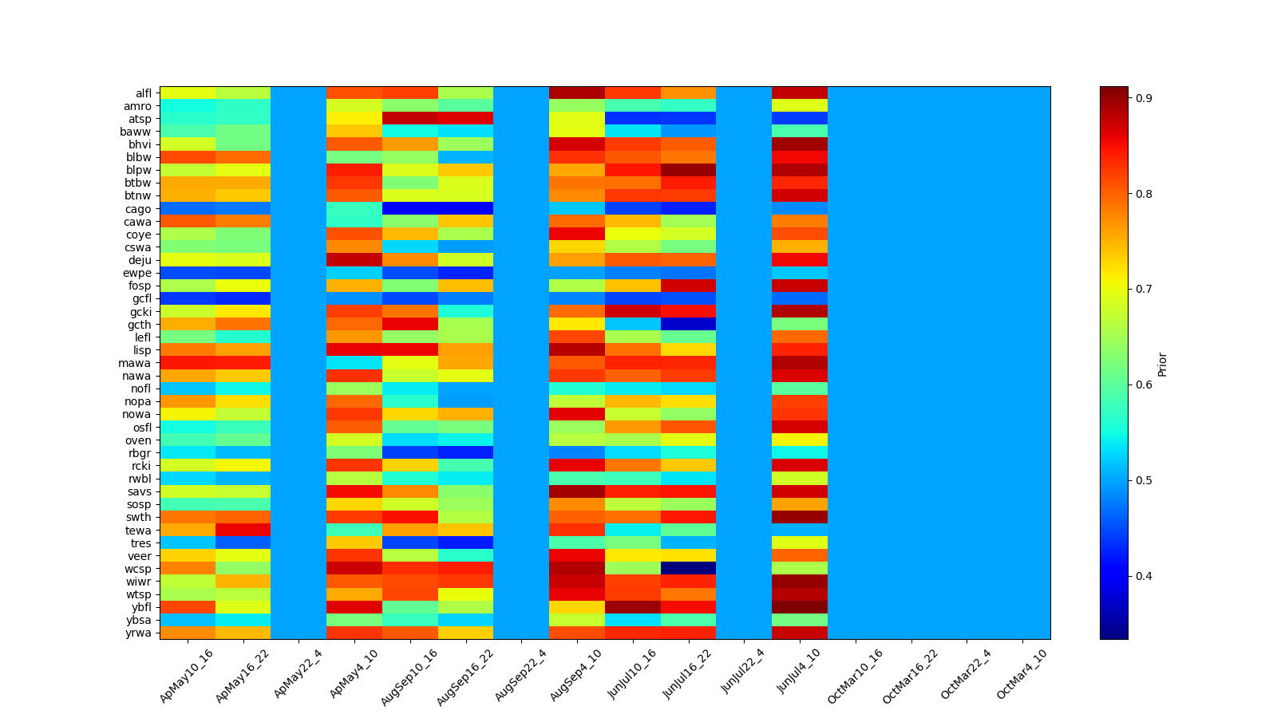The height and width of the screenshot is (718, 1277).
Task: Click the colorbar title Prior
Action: tap(1162, 364)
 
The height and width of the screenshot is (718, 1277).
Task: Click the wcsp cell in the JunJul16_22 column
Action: tap(688, 569)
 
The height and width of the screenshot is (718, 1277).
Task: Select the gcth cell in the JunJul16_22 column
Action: tap(688, 325)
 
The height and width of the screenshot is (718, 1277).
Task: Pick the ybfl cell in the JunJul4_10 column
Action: tap(799, 607)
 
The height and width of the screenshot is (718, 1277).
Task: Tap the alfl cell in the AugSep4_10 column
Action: tap(576, 93)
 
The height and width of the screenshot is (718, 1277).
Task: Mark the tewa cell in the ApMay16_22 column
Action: tap(243, 531)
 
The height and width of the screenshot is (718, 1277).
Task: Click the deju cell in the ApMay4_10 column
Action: tap(354, 260)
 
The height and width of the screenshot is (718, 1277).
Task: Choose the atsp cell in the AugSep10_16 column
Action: tap(409, 119)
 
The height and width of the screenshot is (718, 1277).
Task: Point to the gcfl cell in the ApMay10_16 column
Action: tap(187, 299)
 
